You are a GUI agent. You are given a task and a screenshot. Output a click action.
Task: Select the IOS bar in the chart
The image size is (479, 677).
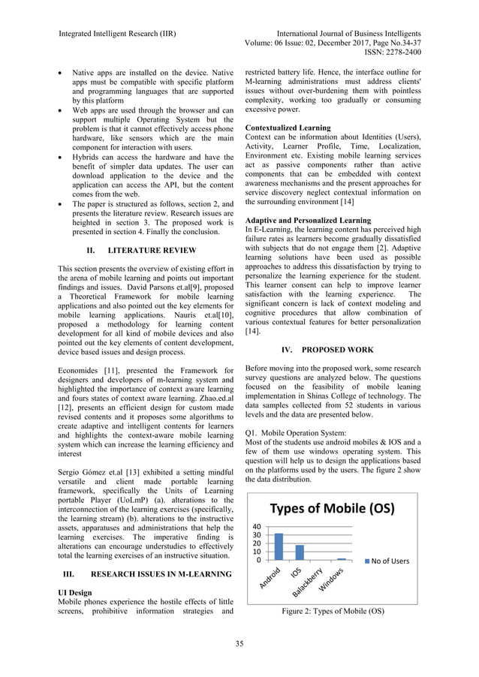click(x=300, y=552)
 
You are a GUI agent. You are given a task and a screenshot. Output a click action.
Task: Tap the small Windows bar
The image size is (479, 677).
click(x=342, y=559)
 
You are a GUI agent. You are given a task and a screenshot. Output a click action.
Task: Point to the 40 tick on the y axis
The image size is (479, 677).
click(x=258, y=528)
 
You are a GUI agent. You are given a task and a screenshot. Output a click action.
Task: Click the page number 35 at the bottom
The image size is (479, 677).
click(x=239, y=643)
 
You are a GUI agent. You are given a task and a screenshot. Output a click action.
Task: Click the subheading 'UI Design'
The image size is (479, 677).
click(x=75, y=592)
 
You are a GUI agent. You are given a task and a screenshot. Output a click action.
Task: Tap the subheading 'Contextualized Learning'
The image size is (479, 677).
click(x=288, y=128)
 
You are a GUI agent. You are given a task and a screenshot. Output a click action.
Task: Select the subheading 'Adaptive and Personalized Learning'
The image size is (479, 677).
click(x=309, y=221)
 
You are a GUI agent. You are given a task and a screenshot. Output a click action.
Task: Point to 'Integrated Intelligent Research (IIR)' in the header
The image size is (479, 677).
click(x=122, y=33)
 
